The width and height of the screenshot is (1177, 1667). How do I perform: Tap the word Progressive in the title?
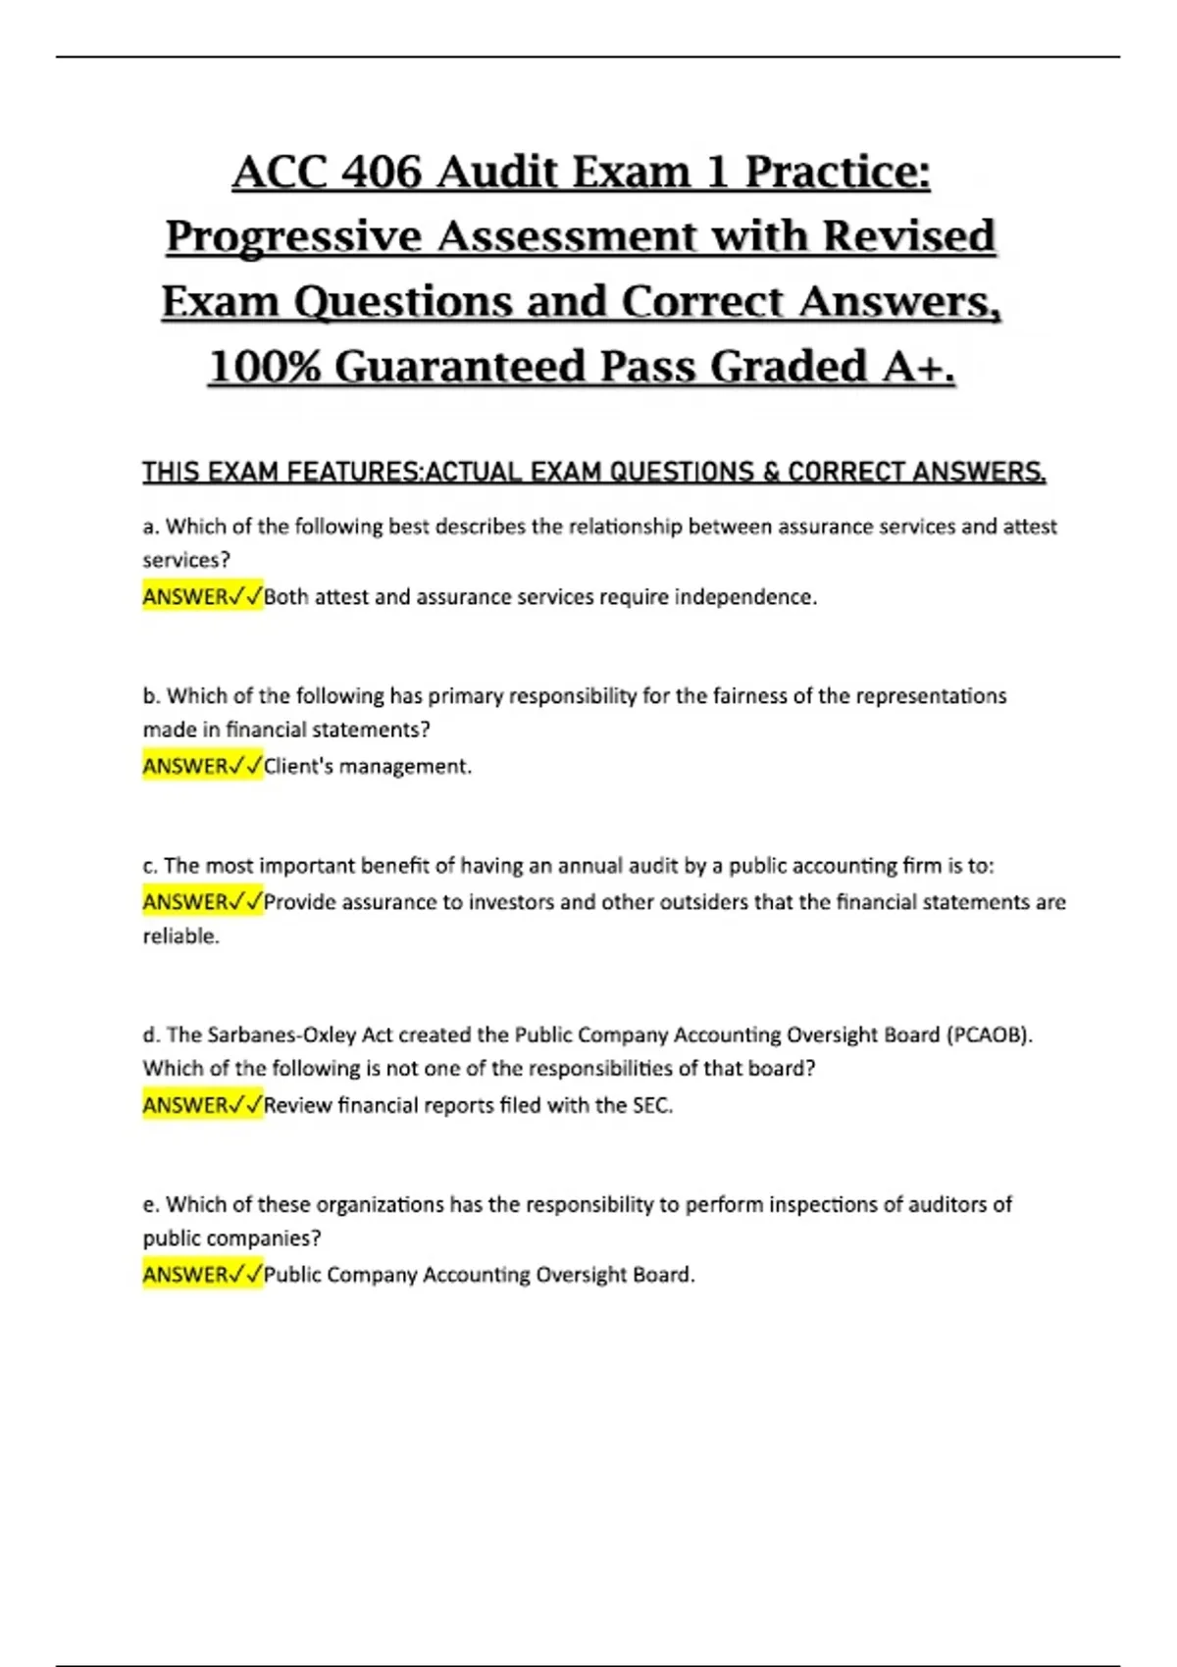pyautogui.click(x=293, y=237)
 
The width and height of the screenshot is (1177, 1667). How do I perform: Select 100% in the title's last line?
pyautogui.click(x=264, y=367)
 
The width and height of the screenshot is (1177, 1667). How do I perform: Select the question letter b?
pyautogui.click(x=150, y=696)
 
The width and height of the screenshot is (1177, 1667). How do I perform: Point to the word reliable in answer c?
pyautogui.click(x=180, y=936)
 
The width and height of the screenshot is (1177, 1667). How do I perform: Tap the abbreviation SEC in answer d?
pyautogui.click(x=651, y=1106)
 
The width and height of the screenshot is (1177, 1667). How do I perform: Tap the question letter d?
pyautogui.click(x=150, y=1036)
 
